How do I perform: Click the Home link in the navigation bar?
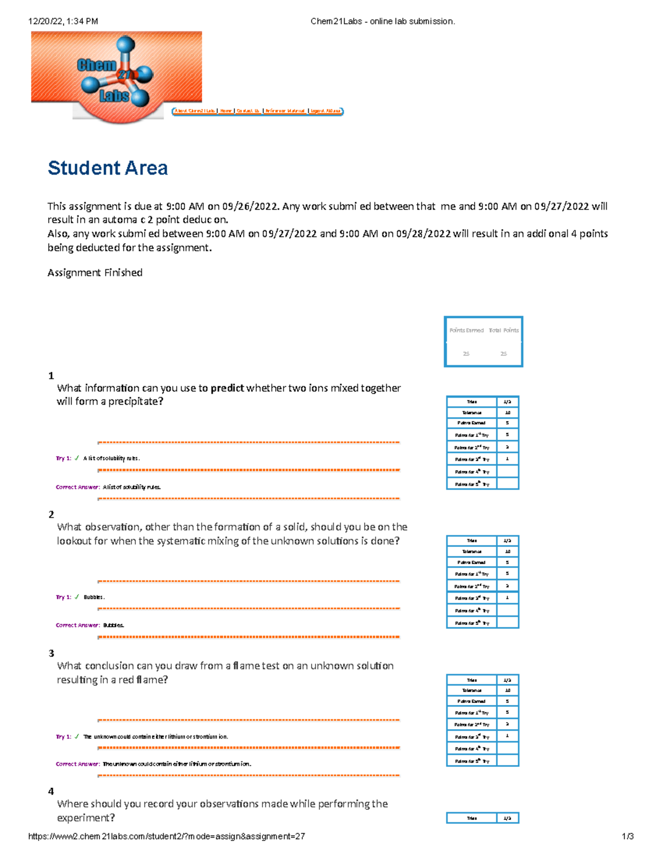226,111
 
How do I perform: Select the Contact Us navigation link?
248,111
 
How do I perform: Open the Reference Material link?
285,111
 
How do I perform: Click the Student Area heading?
108,168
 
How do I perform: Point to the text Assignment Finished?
95,272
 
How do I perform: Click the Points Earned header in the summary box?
466,330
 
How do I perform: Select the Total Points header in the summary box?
503,330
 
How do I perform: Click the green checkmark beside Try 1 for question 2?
77,597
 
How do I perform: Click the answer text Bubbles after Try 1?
93,597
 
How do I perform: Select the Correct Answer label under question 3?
77,764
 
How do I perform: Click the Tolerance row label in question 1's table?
472,413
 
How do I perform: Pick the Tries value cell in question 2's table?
507,541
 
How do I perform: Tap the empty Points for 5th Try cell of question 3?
507,761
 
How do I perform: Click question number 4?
51,792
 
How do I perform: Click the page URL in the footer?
166,836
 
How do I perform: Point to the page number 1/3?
628,836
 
